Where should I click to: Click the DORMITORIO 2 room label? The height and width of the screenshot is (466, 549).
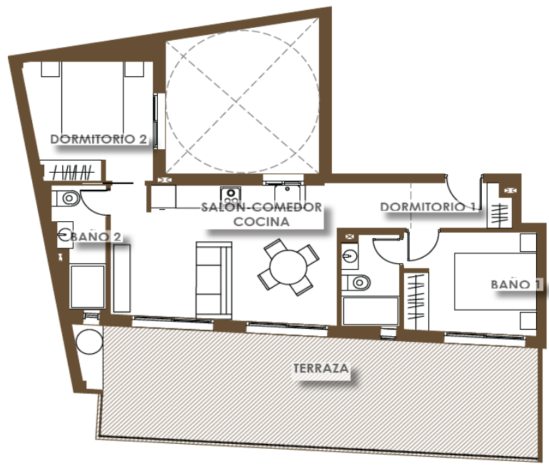(99, 139)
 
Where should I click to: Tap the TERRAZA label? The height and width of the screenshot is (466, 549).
(321, 368)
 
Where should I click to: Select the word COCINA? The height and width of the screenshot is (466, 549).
(261, 222)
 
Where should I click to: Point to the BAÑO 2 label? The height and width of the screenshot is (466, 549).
(96, 237)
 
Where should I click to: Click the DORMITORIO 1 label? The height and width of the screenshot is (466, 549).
(428, 207)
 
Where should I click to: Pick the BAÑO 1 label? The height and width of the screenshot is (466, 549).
(515, 284)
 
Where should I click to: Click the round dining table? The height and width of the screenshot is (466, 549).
(288, 267)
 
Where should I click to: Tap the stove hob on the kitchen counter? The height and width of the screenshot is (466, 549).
(231, 195)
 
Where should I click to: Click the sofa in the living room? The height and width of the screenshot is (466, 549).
(214, 280)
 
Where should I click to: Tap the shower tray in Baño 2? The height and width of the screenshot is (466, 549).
(88, 286)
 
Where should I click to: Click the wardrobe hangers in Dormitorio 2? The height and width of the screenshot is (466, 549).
(72, 172)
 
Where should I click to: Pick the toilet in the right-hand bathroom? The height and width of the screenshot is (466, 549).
(356, 283)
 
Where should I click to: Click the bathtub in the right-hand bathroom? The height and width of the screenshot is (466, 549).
(371, 311)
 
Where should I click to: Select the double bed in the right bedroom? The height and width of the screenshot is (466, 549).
(495, 281)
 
